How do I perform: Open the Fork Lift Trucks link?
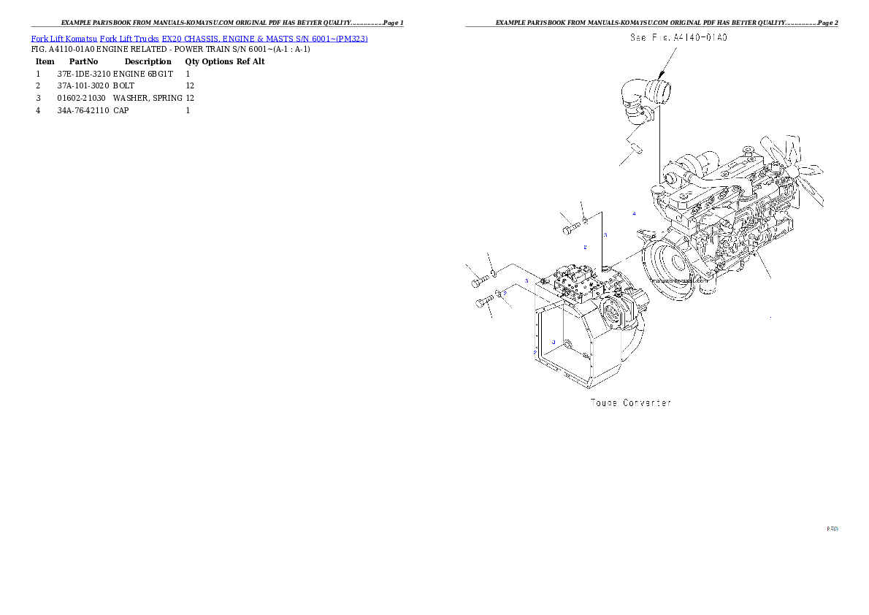129,38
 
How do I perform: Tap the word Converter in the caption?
646,402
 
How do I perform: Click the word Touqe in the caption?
604,402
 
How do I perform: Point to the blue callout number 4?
634,213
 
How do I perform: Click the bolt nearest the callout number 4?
570,230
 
